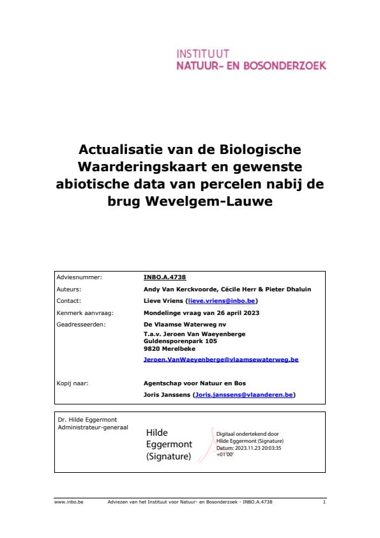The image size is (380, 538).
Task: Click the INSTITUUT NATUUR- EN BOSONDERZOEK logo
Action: point(250,59)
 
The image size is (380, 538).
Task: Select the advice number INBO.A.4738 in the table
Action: point(165,278)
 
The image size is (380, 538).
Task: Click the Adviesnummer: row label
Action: point(79,278)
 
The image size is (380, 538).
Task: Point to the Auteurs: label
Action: point(70,289)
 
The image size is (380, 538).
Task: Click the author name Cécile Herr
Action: point(249,289)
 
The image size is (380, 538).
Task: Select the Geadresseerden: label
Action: point(80,324)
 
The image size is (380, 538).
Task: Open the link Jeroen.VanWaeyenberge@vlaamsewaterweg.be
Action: point(221,360)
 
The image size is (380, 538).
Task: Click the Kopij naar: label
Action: point(72,384)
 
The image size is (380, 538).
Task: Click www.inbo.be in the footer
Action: point(64,502)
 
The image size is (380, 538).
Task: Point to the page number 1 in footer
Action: point(324,502)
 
